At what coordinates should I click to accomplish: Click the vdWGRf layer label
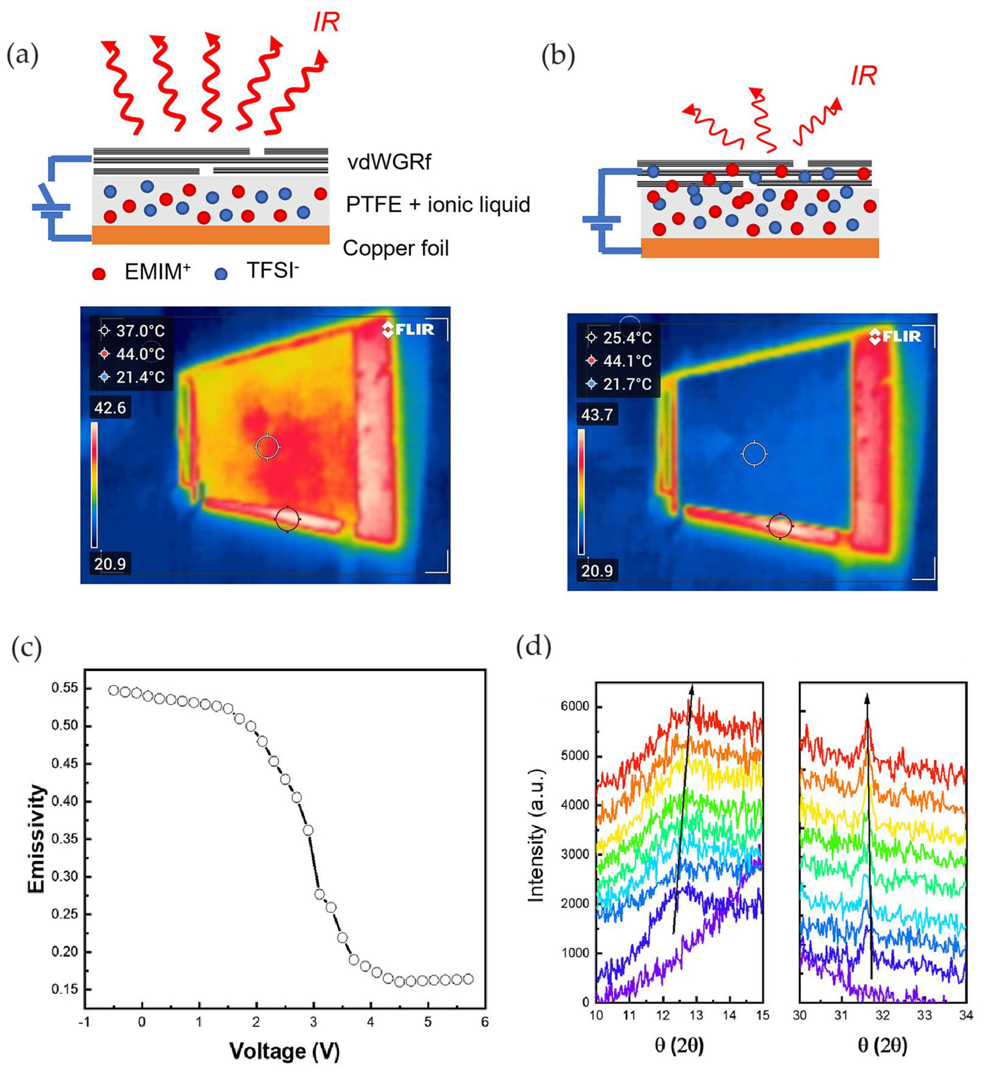(x=389, y=162)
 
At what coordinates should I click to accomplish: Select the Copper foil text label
(x=395, y=248)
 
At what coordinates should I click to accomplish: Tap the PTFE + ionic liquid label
(x=438, y=205)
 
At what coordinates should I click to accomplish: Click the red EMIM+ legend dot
(x=99, y=274)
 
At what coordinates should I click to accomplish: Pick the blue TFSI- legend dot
(x=221, y=274)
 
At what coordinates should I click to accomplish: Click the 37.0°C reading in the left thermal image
(x=140, y=331)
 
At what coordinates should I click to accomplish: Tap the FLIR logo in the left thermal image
(x=408, y=329)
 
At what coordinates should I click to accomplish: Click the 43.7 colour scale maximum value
(x=597, y=415)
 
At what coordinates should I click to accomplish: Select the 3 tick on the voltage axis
(x=313, y=1022)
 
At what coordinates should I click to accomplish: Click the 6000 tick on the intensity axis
(x=575, y=706)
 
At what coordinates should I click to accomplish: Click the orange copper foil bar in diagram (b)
(x=760, y=248)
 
